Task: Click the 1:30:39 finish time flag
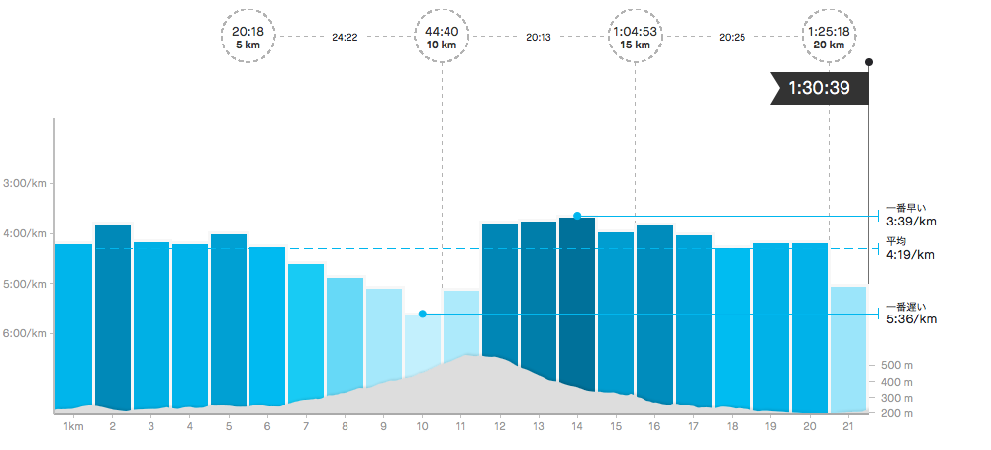tap(819, 88)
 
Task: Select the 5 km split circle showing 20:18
tap(248, 37)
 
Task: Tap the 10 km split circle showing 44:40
tap(442, 37)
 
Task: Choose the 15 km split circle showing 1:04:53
tap(635, 37)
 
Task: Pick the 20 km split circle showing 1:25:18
tap(829, 37)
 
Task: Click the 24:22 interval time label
tap(345, 37)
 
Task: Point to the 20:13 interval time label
tap(539, 37)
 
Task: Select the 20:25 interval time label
tap(732, 37)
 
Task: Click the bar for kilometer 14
tap(576, 297)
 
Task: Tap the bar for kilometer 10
tap(422, 341)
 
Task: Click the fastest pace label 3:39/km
tap(911, 221)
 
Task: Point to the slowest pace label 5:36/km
tap(911, 318)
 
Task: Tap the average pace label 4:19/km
tap(909, 254)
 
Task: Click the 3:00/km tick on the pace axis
tap(26, 183)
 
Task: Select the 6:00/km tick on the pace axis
tap(26, 333)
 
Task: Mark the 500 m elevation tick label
tap(897, 365)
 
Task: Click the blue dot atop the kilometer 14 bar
tap(577, 215)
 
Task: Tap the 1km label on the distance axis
tap(72, 426)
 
